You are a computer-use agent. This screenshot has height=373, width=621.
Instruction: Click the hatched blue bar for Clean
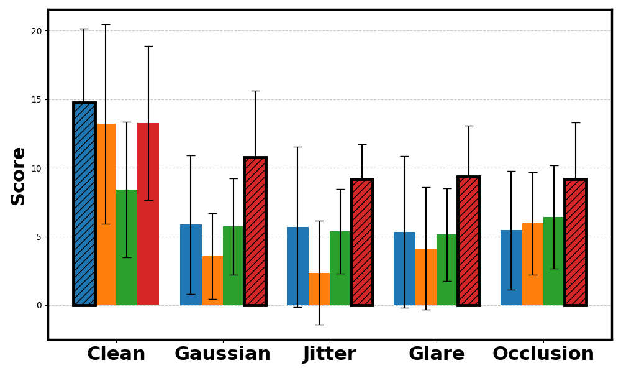coord(84,204)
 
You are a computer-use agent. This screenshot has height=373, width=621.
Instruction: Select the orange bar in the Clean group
coord(106,214)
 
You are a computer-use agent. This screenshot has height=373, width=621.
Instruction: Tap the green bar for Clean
coord(127,247)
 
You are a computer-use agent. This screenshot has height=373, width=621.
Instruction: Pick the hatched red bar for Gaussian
coord(255,231)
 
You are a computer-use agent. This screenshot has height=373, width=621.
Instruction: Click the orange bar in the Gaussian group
coord(212,280)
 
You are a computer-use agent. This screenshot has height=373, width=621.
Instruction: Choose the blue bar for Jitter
coord(298,266)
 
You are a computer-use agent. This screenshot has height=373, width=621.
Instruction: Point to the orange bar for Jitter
coord(319,289)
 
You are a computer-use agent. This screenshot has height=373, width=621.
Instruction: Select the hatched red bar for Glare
coord(469,241)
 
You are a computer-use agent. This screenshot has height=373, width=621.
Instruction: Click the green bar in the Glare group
coord(447,270)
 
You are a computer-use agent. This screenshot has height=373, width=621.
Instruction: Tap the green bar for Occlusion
coord(554,261)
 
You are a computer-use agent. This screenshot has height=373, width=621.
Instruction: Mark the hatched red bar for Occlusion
coord(576,242)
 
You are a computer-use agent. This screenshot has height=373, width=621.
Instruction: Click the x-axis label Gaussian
coord(222,354)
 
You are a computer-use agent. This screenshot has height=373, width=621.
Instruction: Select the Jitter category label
coord(330,354)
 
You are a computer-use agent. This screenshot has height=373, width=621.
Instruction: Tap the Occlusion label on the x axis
coord(543,354)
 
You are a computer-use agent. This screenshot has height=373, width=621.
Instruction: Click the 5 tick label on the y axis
coord(39,237)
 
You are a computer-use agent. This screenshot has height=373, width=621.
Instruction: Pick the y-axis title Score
coord(18,177)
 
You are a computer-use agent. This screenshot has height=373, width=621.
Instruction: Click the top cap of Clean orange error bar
coord(106,25)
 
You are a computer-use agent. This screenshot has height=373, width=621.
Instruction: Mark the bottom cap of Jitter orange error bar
coord(319,325)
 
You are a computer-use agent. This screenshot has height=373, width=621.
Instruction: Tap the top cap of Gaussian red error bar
coord(255,91)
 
